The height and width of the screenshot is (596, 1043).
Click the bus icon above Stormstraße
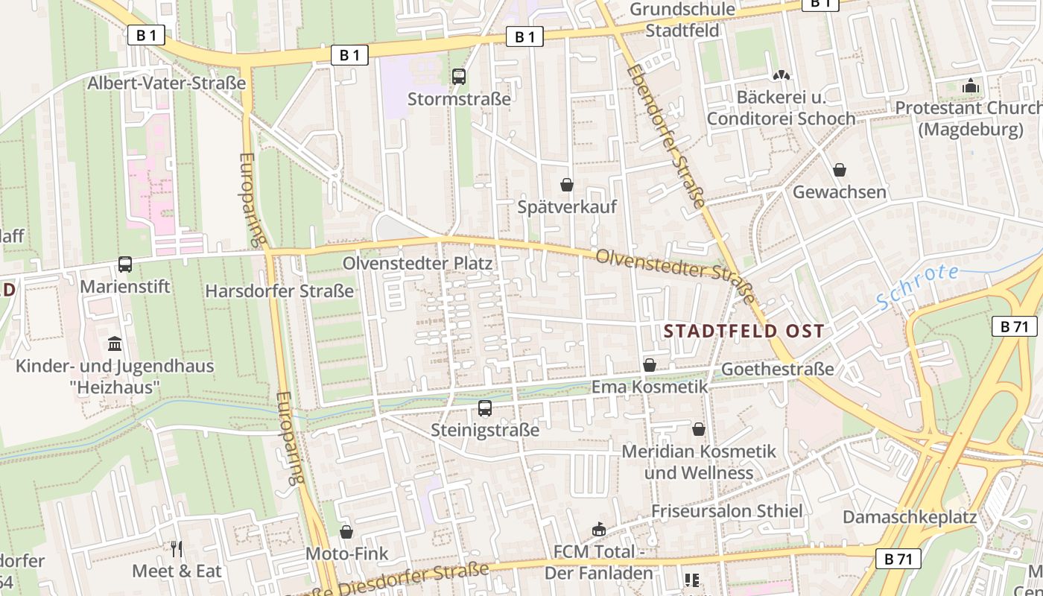pos(459,76)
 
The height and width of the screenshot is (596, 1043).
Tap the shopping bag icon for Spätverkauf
pos(567,184)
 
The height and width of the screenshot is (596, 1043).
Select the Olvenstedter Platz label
pos(417,264)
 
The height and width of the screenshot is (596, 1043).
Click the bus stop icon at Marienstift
pos(125,264)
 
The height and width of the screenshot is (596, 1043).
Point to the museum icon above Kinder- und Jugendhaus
pos(115,343)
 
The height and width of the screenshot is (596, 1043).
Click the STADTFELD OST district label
pos(744,331)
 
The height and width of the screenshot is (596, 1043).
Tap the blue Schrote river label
pos(917,287)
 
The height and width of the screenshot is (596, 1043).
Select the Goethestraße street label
pos(777,370)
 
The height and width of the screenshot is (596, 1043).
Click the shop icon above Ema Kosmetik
pos(650,365)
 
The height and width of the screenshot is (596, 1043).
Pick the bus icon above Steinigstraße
pos(485,408)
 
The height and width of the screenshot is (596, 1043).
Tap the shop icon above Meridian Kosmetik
pos(699,429)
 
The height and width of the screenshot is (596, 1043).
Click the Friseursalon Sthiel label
pos(726,511)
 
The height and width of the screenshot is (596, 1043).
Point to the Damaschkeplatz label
pos(910,517)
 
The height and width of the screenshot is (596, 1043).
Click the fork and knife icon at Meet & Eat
pos(177,549)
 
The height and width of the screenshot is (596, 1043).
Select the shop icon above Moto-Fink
pos(346,532)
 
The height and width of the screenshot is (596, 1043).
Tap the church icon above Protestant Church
pos(970,86)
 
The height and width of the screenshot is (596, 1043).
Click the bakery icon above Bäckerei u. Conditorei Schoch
pos(781,75)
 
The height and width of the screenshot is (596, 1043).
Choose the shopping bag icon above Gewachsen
pos(840,170)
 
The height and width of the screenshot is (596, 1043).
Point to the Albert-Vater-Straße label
pos(166,83)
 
